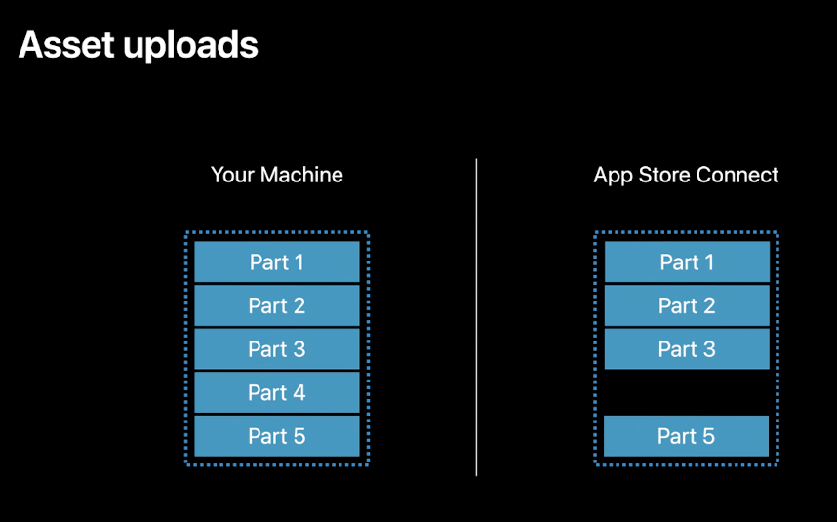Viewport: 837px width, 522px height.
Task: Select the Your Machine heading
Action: coord(277,176)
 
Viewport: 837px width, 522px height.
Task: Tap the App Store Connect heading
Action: coord(686,176)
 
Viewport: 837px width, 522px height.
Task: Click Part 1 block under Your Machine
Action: coord(277,262)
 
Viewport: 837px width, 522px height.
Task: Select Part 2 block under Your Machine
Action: coord(277,305)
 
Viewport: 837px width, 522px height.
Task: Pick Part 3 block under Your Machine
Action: coord(277,349)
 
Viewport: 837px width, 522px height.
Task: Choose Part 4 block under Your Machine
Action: coord(277,392)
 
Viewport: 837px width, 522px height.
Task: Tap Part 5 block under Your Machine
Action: coord(277,436)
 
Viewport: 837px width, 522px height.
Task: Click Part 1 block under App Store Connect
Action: coord(687,262)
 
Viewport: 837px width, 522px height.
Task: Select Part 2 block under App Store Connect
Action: coord(687,305)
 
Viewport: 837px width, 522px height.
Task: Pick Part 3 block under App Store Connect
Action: coord(687,349)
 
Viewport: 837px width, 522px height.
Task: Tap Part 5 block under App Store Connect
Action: coord(687,436)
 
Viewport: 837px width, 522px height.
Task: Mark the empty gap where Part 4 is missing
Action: coord(687,392)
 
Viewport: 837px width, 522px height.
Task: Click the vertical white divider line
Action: coord(476,317)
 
